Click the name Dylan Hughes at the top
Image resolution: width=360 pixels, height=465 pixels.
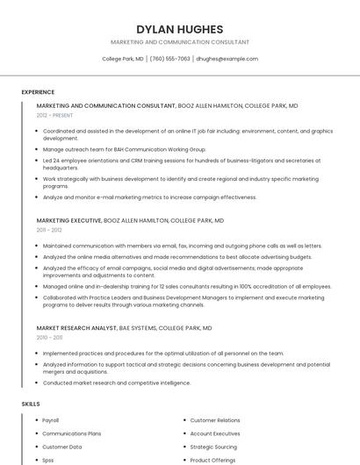179,29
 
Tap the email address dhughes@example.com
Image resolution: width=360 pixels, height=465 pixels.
227,59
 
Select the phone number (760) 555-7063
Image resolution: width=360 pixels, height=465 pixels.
170,59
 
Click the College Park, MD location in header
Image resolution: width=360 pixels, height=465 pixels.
123,59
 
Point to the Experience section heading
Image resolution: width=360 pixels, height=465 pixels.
38,91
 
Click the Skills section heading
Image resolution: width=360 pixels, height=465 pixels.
31,404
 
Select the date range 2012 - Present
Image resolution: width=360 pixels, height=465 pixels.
55,115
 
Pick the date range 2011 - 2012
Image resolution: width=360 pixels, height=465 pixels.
49,230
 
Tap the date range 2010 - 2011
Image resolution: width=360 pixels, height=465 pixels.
49,337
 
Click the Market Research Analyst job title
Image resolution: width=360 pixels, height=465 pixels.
76,328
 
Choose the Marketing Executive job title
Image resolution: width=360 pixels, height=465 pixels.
69,221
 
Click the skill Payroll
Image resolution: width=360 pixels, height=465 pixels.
51,420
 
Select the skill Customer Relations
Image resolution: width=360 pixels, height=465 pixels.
215,420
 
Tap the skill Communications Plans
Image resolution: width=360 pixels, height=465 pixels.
72,433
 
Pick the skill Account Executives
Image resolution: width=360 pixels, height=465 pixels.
215,433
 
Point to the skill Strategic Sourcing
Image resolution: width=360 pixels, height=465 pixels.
213,447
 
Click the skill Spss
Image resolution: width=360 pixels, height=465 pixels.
48,460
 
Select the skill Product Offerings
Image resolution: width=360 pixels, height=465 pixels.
212,460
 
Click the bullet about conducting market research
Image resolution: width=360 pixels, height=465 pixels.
117,383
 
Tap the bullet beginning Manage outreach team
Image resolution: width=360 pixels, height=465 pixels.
124,149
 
